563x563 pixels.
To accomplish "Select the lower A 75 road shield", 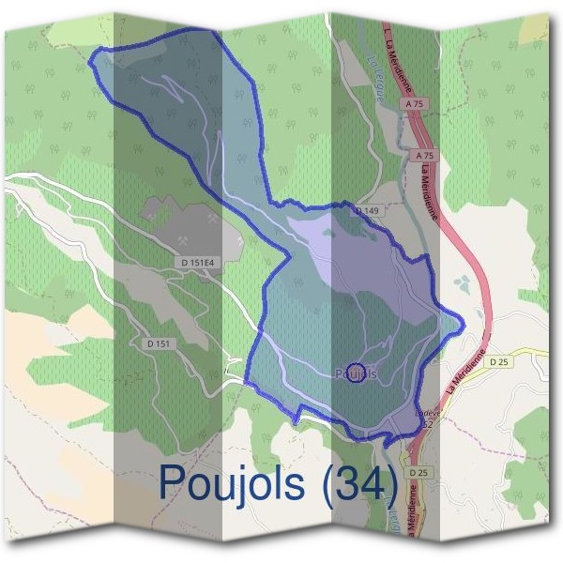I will [x=424, y=155].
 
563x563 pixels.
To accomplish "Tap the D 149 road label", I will [x=367, y=212].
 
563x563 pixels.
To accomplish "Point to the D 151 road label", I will [x=160, y=344].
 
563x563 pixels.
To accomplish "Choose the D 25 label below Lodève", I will [x=418, y=471].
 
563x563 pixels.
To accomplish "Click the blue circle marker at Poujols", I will [x=356, y=373].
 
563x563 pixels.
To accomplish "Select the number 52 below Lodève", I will [x=427, y=424].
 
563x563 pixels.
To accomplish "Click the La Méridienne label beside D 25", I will [x=466, y=372].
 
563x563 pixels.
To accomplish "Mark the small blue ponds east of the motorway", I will [x=461, y=283].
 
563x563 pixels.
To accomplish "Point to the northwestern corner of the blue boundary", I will [x=90, y=62].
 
